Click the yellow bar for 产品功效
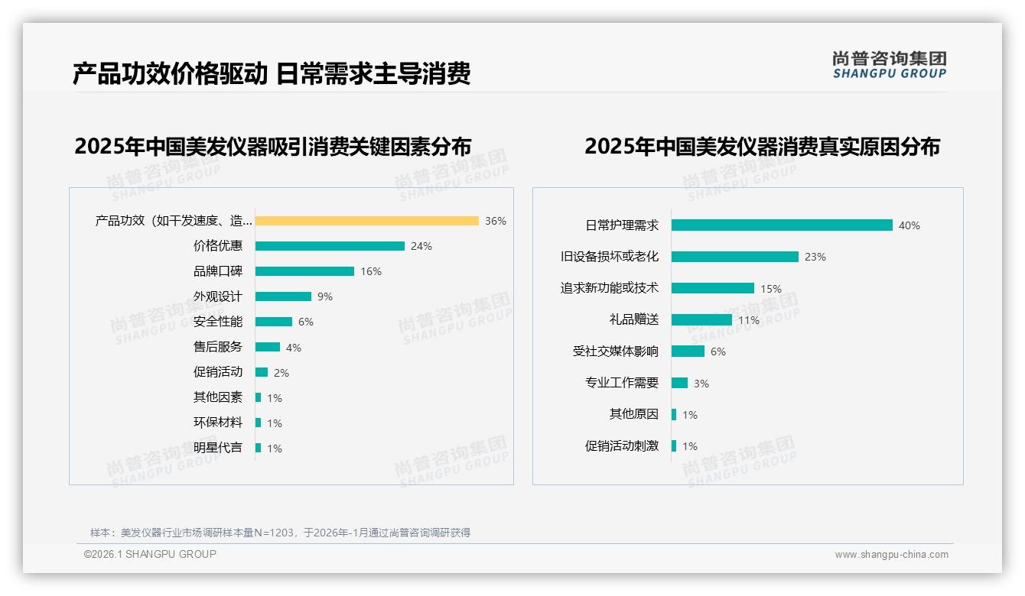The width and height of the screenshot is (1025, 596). [x=366, y=221]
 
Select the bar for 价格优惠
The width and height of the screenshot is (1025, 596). [x=330, y=246]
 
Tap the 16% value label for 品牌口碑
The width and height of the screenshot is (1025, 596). [x=371, y=271]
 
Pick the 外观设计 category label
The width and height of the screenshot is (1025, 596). [x=218, y=296]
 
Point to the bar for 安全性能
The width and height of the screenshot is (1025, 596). [x=274, y=322]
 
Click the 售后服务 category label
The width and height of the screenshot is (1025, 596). [x=218, y=347]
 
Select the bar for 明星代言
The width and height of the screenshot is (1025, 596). [x=259, y=448]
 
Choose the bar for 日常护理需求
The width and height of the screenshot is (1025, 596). [x=782, y=225]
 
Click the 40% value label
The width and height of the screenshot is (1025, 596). [x=909, y=226]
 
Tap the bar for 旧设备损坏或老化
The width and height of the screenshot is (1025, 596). [x=735, y=257]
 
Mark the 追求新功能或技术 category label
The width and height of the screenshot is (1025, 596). [x=610, y=288]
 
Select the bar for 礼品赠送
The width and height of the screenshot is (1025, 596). [x=701, y=320]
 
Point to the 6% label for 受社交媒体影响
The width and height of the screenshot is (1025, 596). [x=718, y=352]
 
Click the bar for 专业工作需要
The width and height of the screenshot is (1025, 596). [x=680, y=383]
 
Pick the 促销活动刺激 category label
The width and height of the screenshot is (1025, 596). [x=622, y=446]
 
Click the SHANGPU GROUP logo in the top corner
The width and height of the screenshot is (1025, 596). [x=890, y=65]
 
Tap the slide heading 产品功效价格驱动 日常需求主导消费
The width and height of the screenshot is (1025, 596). [x=272, y=73]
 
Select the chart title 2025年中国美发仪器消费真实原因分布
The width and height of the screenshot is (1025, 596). [x=762, y=146]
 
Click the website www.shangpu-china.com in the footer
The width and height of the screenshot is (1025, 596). [x=891, y=555]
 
